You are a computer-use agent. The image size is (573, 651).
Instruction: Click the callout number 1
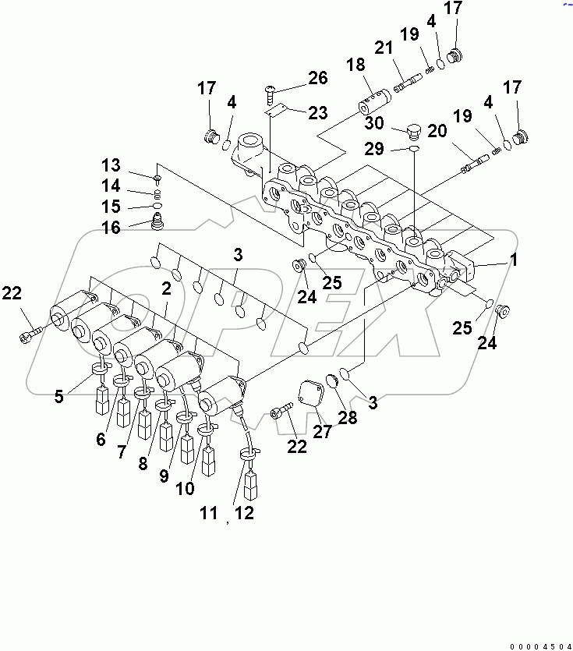(x=513, y=260)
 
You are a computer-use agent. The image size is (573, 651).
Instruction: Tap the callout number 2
(x=166, y=288)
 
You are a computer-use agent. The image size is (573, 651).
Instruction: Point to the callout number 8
(x=143, y=463)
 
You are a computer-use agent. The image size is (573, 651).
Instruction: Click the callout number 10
(x=185, y=489)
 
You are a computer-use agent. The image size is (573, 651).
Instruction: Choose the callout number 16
(x=111, y=227)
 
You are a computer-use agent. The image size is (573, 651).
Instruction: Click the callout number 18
(x=355, y=66)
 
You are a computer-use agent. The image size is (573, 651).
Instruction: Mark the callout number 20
(x=437, y=132)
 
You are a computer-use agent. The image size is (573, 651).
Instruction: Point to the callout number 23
(x=317, y=112)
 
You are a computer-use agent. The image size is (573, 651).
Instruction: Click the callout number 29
(x=374, y=147)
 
